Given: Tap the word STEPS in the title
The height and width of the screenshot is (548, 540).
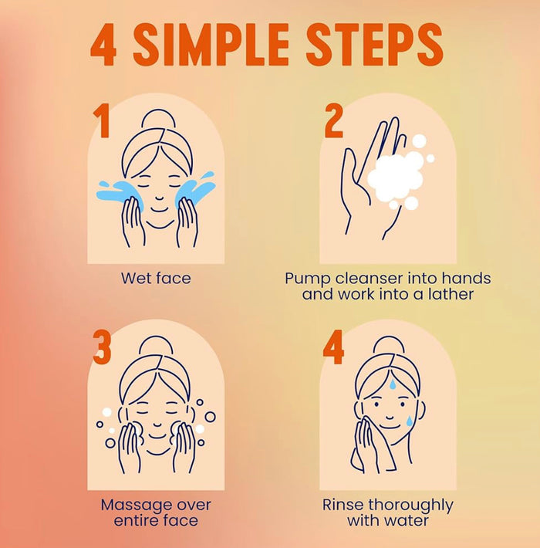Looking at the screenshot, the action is coord(374,45).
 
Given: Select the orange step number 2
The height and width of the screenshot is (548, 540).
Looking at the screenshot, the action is coord(333,121).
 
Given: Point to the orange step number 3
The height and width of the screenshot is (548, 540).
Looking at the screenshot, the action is coord(102,348).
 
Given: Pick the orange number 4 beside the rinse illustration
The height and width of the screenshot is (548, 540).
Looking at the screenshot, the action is coord(333,348).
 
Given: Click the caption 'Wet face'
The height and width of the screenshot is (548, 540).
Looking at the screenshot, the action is coord(156,278).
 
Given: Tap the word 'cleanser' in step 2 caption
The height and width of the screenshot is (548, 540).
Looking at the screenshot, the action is coord(368,278).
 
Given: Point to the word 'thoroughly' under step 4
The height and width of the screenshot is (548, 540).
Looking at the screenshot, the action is coord(410,506).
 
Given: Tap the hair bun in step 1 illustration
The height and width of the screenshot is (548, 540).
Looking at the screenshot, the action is coord(158,118).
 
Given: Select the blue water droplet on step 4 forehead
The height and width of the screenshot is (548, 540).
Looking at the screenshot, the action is coord(393,384).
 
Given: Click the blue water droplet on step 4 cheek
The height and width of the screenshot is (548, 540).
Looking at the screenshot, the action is coord(409,421).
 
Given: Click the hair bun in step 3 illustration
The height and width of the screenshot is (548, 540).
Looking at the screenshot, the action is coord(156,344).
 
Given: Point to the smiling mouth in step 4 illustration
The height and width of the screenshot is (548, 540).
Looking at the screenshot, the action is coord(390,418).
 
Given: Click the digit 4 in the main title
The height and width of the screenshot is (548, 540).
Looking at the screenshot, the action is coord(103,45).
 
